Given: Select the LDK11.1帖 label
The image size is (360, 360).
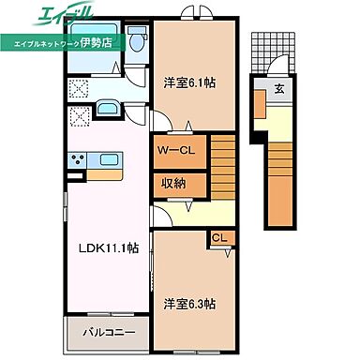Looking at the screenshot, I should [106, 247].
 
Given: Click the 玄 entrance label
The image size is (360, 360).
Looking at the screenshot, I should [279, 90].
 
